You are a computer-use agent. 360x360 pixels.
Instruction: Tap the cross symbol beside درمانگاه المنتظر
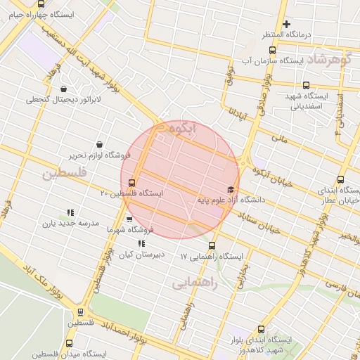(x=287, y=24)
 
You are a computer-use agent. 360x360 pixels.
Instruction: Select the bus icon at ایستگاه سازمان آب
(x=273, y=50)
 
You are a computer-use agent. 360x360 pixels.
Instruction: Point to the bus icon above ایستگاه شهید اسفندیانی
(x=306, y=85)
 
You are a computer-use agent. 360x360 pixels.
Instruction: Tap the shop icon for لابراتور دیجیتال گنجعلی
(x=64, y=89)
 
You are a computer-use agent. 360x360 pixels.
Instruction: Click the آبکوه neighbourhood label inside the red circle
(x=183, y=129)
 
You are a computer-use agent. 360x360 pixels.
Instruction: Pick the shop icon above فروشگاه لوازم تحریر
(x=98, y=144)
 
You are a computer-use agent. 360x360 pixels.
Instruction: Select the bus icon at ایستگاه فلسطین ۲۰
(x=132, y=184)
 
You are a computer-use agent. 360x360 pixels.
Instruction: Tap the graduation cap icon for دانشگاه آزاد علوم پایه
(x=231, y=189)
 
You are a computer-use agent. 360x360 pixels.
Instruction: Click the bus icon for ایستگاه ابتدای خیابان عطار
(x=341, y=179)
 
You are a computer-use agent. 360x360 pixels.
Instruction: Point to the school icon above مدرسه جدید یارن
(x=70, y=212)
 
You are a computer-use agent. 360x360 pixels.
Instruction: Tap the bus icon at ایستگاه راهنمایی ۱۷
(x=212, y=246)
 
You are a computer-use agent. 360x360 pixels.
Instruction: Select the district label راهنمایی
(x=195, y=283)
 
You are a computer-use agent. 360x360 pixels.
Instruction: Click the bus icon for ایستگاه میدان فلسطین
(x=68, y=343)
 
